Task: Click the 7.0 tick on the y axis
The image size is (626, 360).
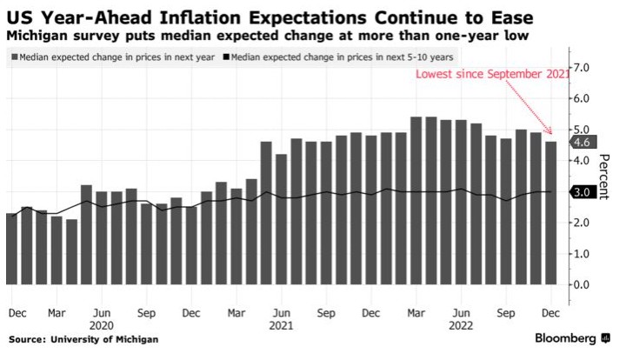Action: (583, 68)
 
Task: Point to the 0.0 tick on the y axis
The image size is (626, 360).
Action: (583, 284)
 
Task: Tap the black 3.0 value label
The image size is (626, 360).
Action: (581, 192)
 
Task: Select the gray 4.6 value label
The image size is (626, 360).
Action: (581, 143)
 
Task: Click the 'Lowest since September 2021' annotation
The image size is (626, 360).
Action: (493, 75)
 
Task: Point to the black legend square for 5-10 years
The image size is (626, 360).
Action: (228, 57)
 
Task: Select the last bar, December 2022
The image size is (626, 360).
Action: (550, 213)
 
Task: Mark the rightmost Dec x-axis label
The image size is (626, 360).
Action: (550, 310)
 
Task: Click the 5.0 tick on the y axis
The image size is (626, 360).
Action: (583, 130)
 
